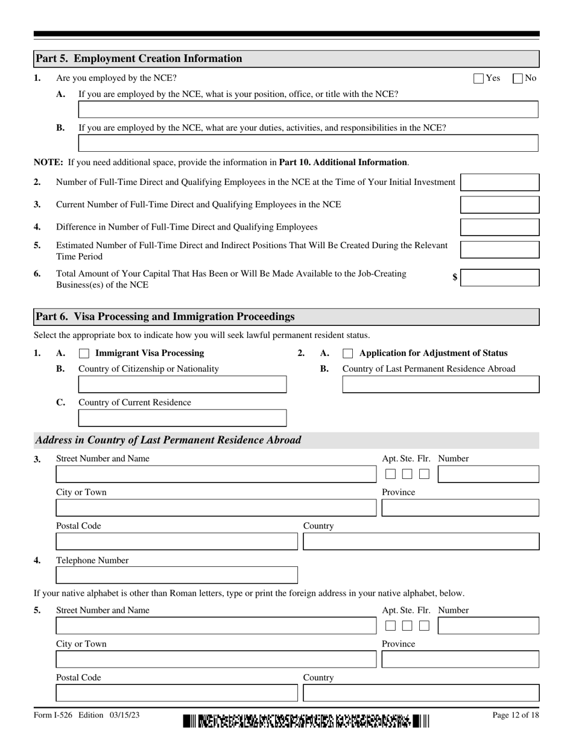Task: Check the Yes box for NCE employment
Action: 479,78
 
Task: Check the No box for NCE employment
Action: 518,78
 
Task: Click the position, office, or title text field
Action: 308,110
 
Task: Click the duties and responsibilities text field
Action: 308,143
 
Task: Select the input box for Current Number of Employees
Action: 499,205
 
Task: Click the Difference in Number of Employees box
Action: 499,227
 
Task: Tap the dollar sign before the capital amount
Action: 455,277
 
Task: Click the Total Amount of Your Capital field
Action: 499,278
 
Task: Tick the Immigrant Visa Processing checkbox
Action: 84,354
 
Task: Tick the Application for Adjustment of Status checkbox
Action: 347,354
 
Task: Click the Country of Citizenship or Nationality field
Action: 182,384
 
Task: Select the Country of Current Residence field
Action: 182,418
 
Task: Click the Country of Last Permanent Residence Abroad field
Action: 440,384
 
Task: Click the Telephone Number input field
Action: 177,575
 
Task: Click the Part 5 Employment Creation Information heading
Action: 139,58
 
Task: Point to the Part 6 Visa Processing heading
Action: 165,317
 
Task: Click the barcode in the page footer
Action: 306,721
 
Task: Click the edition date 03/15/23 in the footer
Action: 125,715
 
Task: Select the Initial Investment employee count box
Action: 499,183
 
